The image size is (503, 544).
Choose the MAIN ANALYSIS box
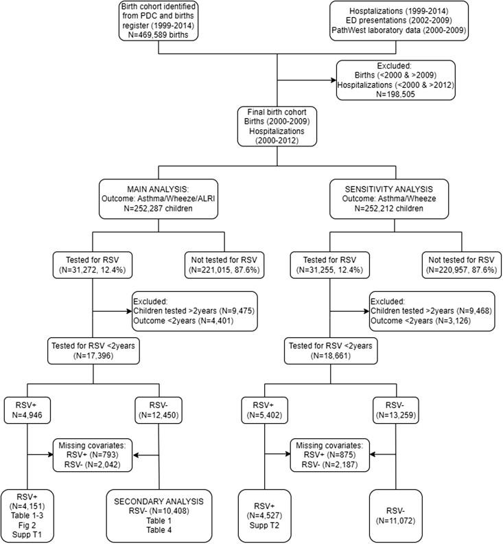click(159, 195)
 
